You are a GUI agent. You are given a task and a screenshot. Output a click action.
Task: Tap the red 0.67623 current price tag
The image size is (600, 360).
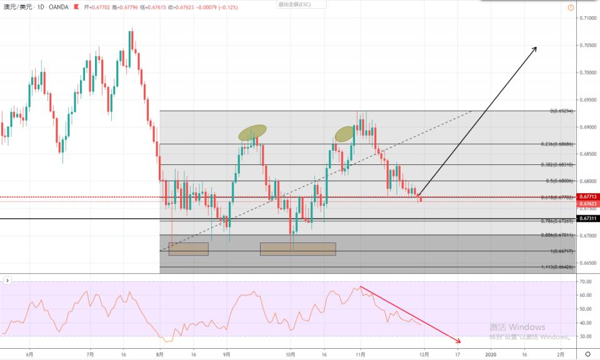tap(587, 203)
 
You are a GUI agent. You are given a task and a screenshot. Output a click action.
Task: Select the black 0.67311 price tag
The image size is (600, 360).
tap(587, 219)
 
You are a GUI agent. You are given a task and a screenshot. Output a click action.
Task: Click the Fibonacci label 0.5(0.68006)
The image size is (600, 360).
tap(559, 181)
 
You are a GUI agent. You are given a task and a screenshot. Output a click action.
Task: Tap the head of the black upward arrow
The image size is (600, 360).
tap(536, 47)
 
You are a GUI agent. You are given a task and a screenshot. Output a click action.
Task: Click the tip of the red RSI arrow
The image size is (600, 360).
tap(460, 342)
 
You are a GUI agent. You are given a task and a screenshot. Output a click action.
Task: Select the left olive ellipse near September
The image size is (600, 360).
tap(252, 132)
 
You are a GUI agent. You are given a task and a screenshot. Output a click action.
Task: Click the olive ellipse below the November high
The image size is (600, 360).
tap(344, 134)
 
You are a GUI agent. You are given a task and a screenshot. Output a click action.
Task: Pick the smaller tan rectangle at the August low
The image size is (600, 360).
tap(188, 249)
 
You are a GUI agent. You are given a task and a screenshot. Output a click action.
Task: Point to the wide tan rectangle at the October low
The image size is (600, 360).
tap(297, 249)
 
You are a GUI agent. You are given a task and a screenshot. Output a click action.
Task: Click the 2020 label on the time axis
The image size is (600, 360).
tap(491, 354)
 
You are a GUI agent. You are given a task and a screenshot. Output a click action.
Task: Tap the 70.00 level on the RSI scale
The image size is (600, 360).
tap(586, 282)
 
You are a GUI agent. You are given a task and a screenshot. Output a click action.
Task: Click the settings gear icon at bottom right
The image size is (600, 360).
tap(587, 354)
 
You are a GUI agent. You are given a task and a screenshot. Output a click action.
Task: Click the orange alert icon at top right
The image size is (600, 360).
tap(571, 7)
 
